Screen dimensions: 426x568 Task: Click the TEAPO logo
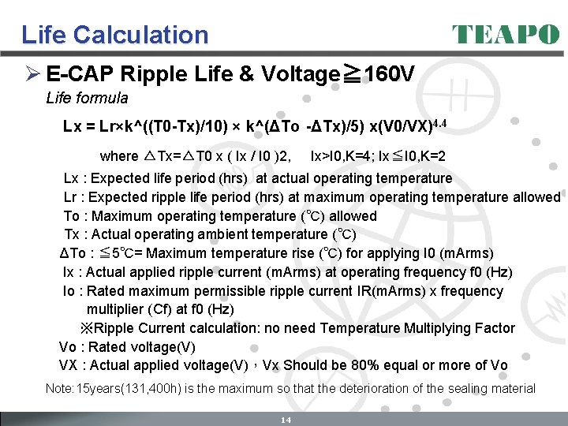pyautogui.click(x=506, y=35)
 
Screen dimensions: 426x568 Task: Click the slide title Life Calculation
pyautogui.click(x=115, y=35)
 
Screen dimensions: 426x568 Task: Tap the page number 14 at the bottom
pyautogui.click(x=286, y=420)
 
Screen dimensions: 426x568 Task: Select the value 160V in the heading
pyautogui.click(x=386, y=74)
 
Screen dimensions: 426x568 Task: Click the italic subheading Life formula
pyautogui.click(x=87, y=99)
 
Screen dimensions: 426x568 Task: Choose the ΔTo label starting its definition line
pyautogui.click(x=73, y=253)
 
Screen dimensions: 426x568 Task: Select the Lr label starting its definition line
pyautogui.click(x=72, y=197)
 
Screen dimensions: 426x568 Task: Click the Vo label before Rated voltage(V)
pyautogui.click(x=68, y=347)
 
